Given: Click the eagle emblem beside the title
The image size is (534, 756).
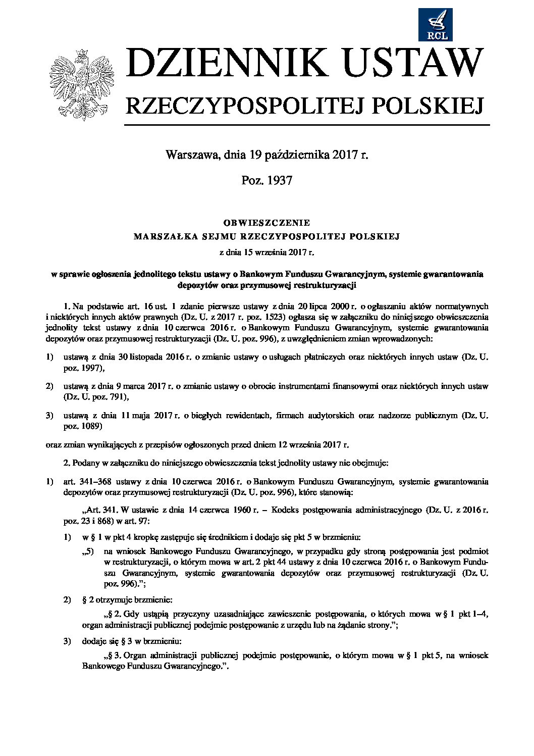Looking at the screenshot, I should pos(81,84).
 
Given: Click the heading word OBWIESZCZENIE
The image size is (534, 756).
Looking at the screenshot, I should pos(266,223).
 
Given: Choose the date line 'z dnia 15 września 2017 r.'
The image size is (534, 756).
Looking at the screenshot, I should pos(266,251).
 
